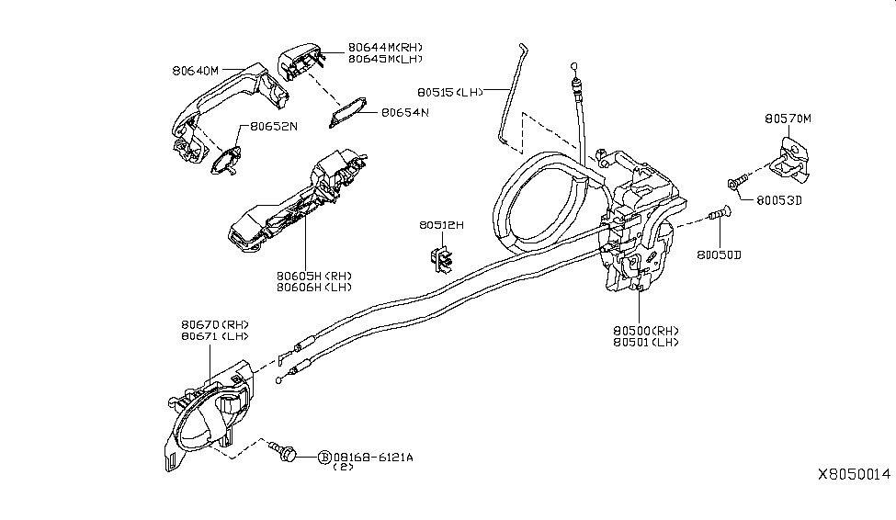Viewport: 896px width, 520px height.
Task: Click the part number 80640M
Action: pos(195,70)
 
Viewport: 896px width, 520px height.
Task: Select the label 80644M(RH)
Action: pos(386,47)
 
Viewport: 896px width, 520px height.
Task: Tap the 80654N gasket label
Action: pos(405,113)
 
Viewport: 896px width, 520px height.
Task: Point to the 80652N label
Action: pos(269,127)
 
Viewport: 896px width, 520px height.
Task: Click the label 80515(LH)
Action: pos(450,92)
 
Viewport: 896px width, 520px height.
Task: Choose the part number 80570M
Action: pos(788,119)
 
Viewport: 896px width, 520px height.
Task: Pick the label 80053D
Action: pos(780,199)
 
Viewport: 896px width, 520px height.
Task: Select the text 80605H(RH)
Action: pos(314,275)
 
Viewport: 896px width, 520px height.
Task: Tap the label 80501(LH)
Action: pos(646,342)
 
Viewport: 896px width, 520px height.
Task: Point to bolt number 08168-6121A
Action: pos(372,457)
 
